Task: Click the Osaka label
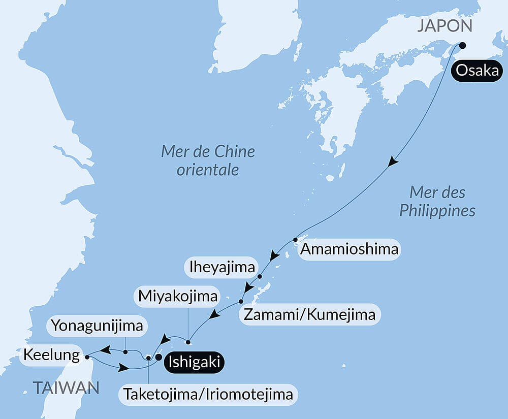coord(477,71)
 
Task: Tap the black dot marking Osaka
coord(462,45)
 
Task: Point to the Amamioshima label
coord(349,249)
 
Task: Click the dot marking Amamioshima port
coord(295,239)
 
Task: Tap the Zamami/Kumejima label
coord(310,314)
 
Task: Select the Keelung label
coord(51,354)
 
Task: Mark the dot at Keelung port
coord(87,357)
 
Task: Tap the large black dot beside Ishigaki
coord(158,358)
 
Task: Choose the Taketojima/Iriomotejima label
coord(208,394)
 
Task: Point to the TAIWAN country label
coord(66,389)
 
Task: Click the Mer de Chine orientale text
coord(208,160)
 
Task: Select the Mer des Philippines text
coord(437,201)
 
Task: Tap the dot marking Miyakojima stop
coord(188,341)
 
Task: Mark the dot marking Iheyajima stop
coord(260,277)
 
